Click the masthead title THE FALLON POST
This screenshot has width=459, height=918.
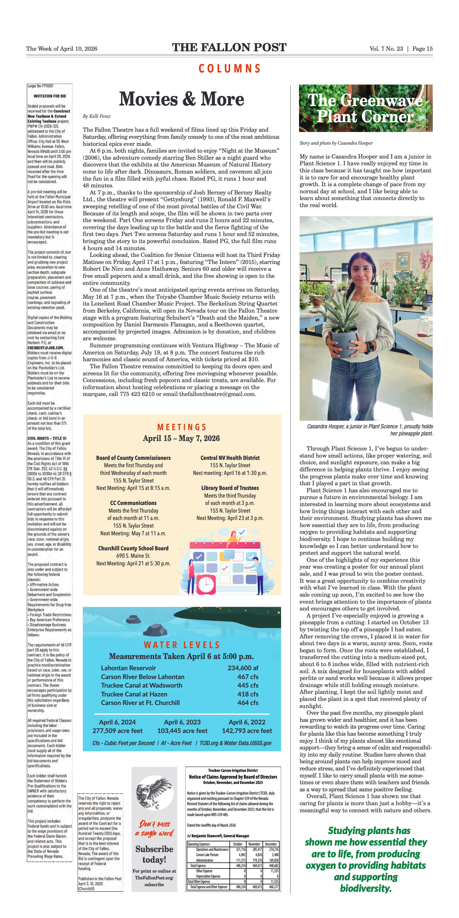click(229, 47)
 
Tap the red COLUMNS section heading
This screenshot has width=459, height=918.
click(229, 68)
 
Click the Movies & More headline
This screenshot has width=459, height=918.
click(181, 99)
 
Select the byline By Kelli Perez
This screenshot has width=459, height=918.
click(97, 116)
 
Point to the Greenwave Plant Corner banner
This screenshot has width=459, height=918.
click(366, 108)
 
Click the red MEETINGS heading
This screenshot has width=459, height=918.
click(182, 427)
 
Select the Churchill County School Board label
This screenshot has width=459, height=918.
click(133, 548)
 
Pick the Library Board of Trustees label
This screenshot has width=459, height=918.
click(230, 488)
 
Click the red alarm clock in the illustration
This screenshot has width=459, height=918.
click(206, 584)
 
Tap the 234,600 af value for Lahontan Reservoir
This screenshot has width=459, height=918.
click(243, 668)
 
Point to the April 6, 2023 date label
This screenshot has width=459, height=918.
click(182, 722)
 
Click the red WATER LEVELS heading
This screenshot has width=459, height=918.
click(182, 645)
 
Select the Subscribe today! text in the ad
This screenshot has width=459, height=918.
click(154, 854)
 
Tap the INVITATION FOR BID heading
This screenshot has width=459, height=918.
click(49, 96)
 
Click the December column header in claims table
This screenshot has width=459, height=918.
click(271, 844)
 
